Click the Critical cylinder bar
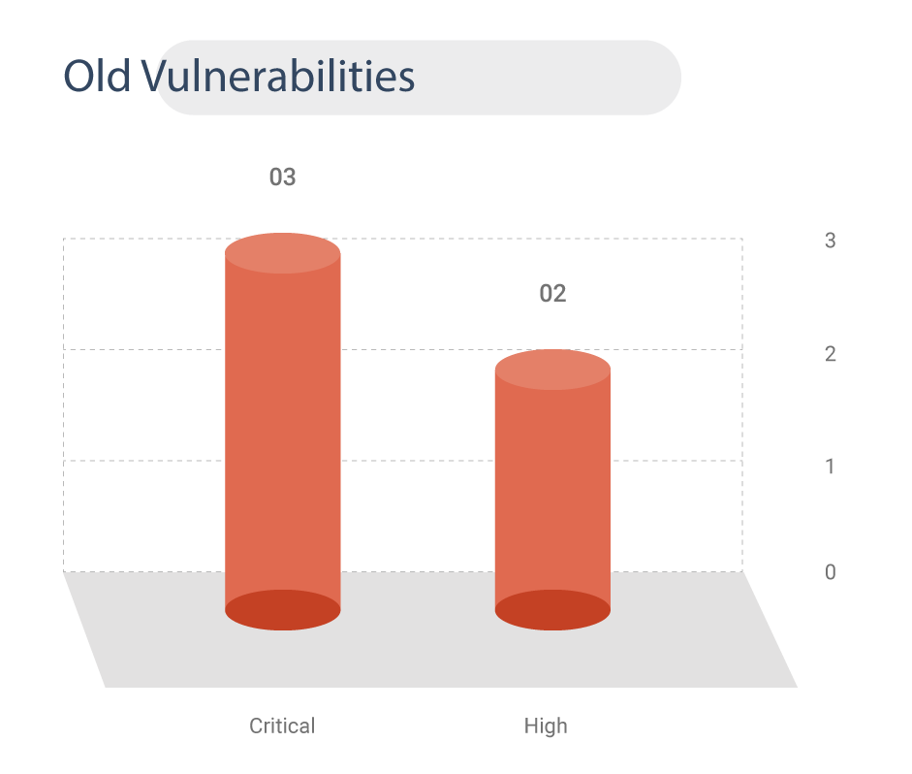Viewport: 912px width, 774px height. point(283,432)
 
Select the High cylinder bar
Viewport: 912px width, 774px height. point(552,490)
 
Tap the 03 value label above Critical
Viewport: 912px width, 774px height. point(283,177)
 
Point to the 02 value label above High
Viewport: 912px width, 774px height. point(552,293)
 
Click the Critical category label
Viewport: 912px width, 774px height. point(282,726)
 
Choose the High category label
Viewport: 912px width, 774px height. point(546,726)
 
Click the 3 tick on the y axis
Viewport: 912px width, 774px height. point(830,241)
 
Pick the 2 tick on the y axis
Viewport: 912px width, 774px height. point(830,354)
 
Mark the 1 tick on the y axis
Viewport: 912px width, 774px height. point(830,467)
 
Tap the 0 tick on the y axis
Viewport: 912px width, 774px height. point(830,572)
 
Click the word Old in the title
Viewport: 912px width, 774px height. point(97,76)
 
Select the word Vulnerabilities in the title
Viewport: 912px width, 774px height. point(278,76)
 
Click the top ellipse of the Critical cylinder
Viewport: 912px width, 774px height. point(283,253)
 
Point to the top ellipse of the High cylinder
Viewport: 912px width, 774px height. point(552,370)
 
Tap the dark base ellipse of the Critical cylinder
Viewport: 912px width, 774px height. point(283,610)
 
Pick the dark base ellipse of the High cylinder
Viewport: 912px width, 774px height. point(552,610)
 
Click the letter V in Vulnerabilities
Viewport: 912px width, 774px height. point(155,76)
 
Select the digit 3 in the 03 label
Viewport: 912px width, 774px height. point(290,177)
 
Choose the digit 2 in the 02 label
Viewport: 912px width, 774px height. point(559,293)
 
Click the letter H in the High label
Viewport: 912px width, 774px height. point(530,726)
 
